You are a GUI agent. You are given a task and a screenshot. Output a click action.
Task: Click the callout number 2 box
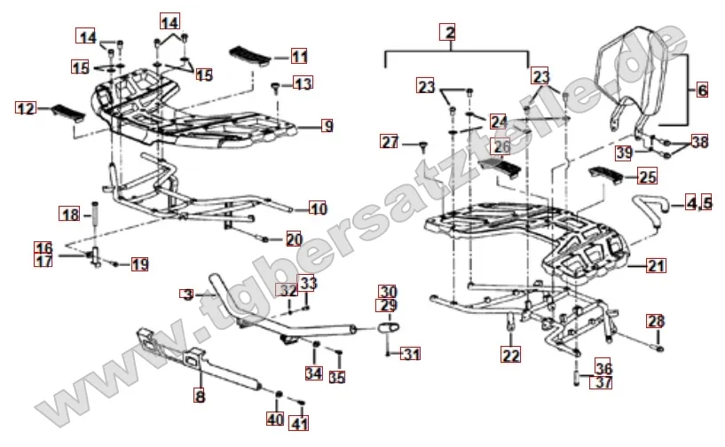click(450, 34)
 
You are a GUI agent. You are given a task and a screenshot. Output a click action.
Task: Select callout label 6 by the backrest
click(701, 90)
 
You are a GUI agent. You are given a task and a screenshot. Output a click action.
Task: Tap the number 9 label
click(327, 127)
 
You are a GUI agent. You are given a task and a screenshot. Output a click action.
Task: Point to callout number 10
click(319, 209)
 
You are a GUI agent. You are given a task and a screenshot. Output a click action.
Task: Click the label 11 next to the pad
click(299, 56)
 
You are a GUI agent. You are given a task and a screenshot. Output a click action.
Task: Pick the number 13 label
click(303, 84)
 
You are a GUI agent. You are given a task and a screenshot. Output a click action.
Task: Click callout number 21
click(656, 265)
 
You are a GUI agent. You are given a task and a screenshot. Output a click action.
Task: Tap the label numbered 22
click(510, 356)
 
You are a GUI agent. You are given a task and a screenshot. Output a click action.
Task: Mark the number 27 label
click(390, 142)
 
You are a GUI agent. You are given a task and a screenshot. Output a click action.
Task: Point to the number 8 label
click(200, 397)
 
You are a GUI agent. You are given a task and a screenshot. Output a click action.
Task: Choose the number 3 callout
click(186, 294)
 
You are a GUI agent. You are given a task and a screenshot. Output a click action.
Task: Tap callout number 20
click(293, 239)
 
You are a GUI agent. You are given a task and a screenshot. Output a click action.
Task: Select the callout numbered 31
click(410, 355)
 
